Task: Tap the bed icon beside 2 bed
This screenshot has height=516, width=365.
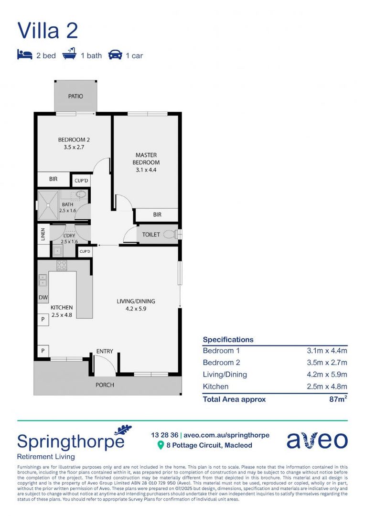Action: click(x=24, y=55)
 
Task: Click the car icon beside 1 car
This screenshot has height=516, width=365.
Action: click(x=115, y=55)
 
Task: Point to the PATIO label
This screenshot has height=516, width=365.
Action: click(x=75, y=96)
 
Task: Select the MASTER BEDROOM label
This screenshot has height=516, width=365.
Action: click(x=146, y=159)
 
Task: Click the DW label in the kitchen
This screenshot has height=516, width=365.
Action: click(x=43, y=298)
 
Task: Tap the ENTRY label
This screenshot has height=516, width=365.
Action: click(x=105, y=351)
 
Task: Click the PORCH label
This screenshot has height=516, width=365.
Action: click(x=105, y=385)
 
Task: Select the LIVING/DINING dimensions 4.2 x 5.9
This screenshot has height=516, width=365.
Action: click(x=136, y=309)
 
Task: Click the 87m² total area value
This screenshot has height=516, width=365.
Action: click(x=336, y=399)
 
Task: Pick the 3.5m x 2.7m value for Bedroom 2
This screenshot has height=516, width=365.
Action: click(x=327, y=362)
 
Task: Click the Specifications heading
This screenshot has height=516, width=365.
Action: click(x=228, y=340)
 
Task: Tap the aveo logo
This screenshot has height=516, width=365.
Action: click(x=317, y=440)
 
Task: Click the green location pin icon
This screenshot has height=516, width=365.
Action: click(x=161, y=445)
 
